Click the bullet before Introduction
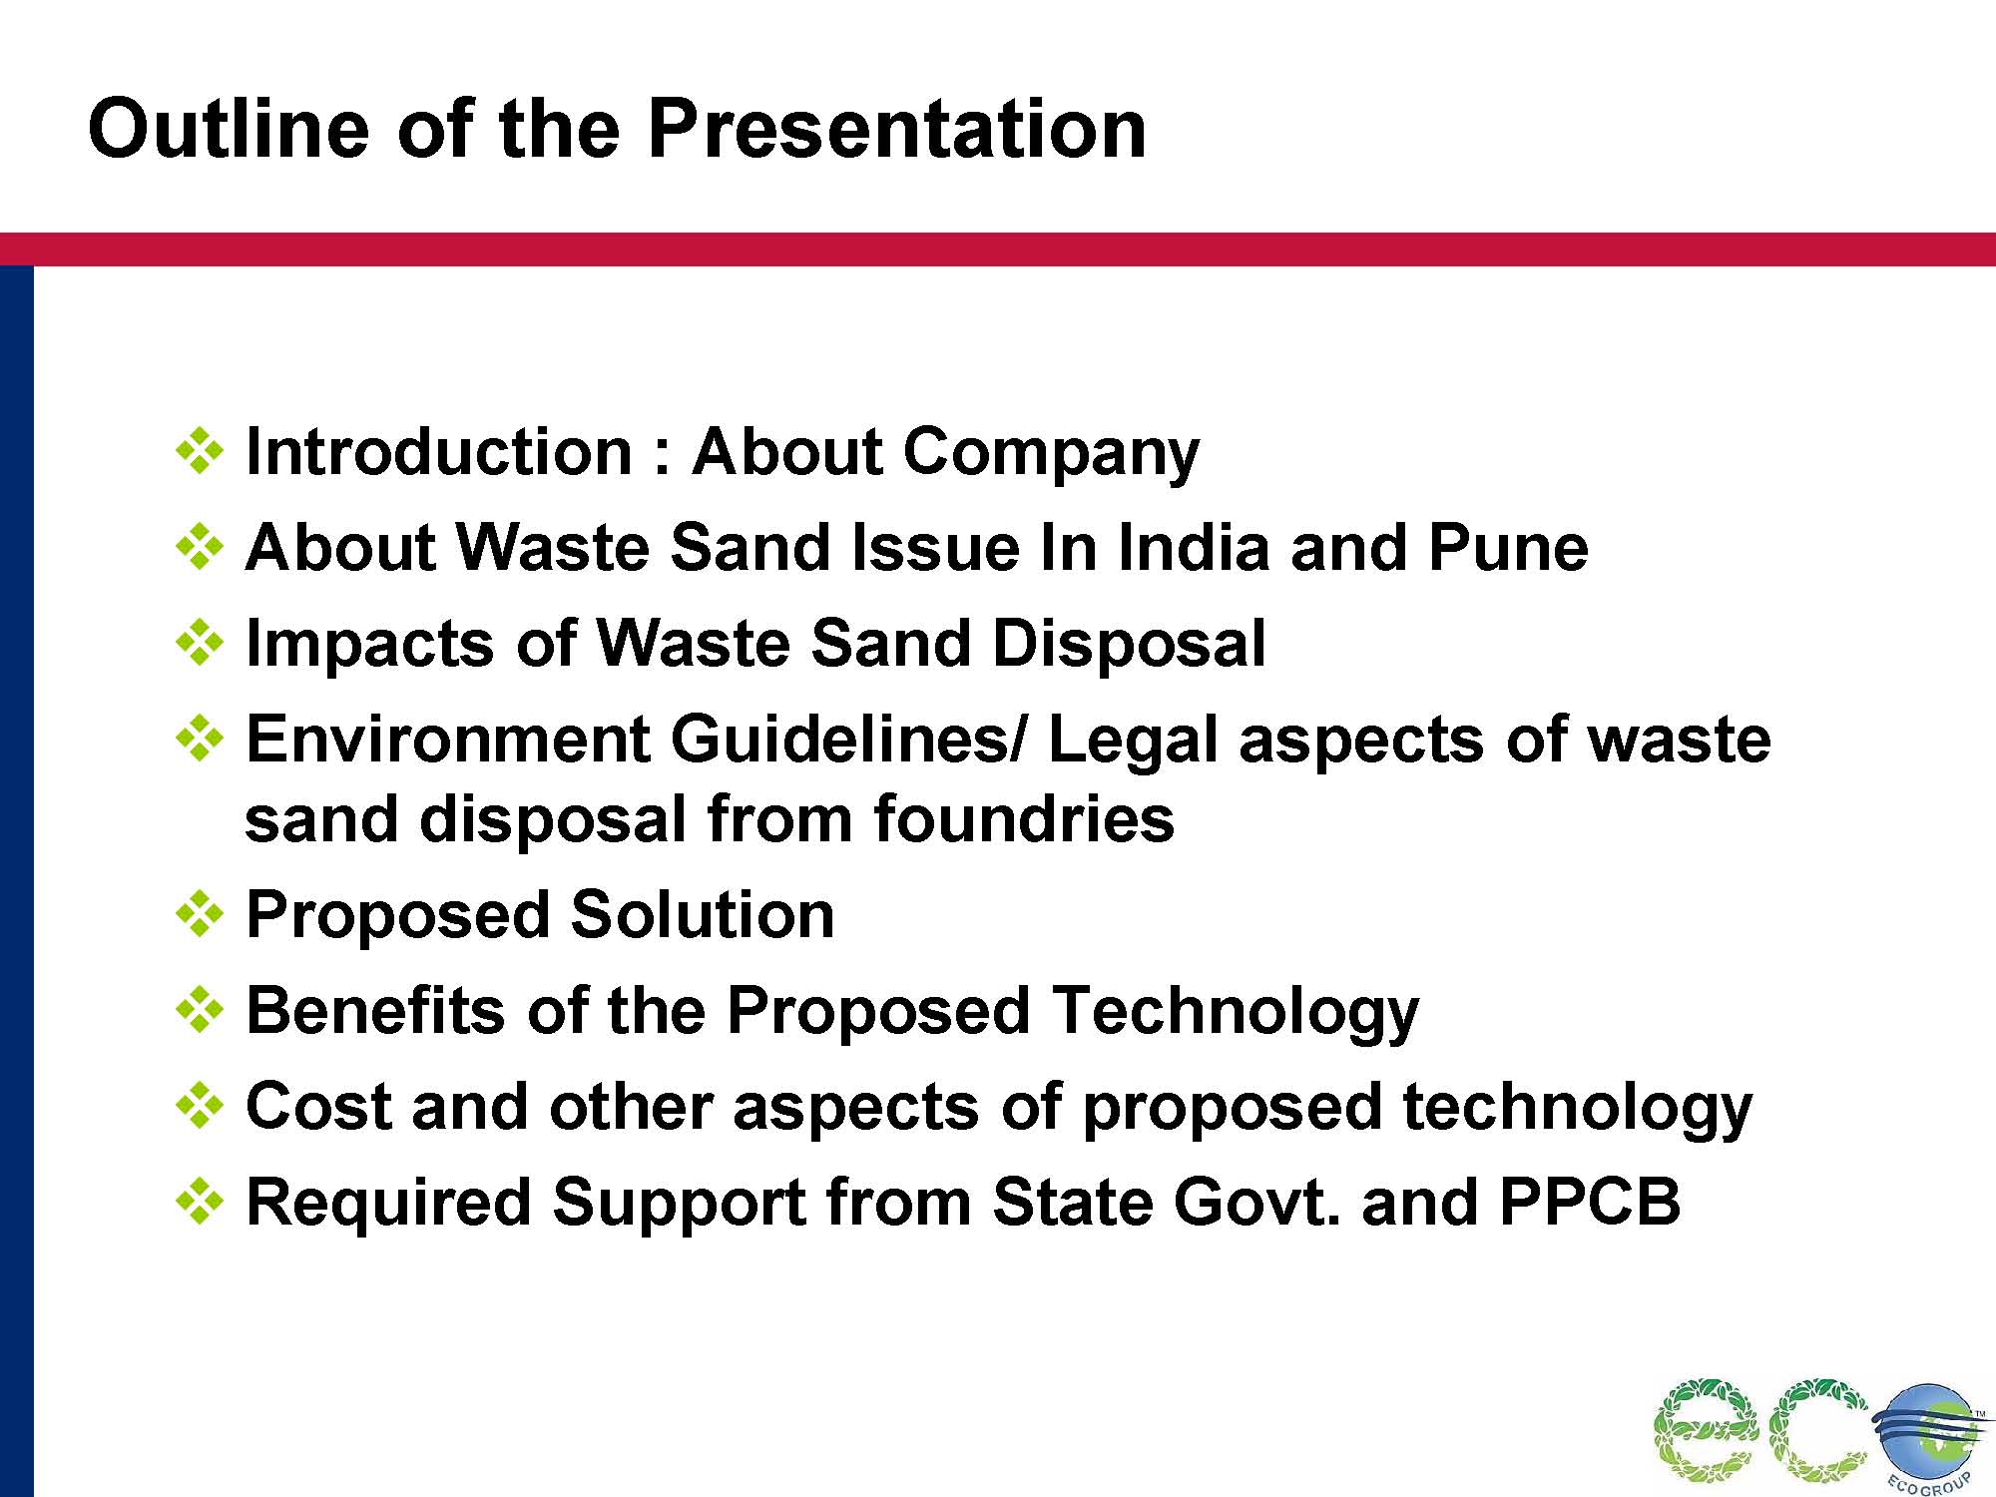click(200, 451)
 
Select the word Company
click(1051, 454)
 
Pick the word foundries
click(1023, 818)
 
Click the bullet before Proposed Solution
click(200, 914)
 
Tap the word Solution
click(703, 914)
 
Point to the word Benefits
click(375, 1010)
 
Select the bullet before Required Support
click(200, 1202)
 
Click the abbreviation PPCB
click(1590, 1202)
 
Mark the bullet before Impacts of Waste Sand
click(200, 643)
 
